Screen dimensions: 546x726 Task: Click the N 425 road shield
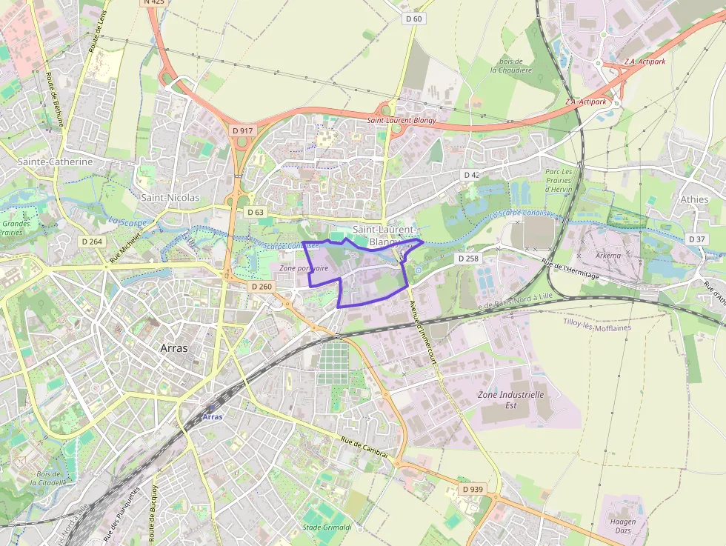pyautogui.click(x=154, y=2)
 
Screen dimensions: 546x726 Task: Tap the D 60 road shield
pyautogui.click(x=413, y=19)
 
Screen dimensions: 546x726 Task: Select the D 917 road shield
pyautogui.click(x=242, y=130)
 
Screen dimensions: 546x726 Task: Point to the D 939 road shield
pyautogui.click(x=472, y=490)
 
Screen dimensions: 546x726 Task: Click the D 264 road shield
pyautogui.click(x=92, y=242)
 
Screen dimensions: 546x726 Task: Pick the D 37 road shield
pyautogui.click(x=696, y=239)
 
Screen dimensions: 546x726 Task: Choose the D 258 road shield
pyautogui.click(x=468, y=259)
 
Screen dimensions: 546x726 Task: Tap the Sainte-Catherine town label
pyautogui.click(x=56, y=162)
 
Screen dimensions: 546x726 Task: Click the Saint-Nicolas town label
pyautogui.click(x=170, y=198)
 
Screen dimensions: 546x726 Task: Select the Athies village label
pyautogui.click(x=694, y=199)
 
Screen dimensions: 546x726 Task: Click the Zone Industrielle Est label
pyautogui.click(x=510, y=400)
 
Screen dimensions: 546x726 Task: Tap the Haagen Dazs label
pyautogui.click(x=623, y=527)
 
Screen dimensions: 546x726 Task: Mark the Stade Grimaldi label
pyautogui.click(x=327, y=527)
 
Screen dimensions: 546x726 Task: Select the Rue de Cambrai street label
pyautogui.click(x=364, y=451)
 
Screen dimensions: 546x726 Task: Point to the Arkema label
pyautogui.click(x=608, y=255)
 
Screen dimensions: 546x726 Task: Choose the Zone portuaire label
pyautogui.click(x=304, y=268)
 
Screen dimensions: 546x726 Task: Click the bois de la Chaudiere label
pyautogui.click(x=511, y=65)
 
